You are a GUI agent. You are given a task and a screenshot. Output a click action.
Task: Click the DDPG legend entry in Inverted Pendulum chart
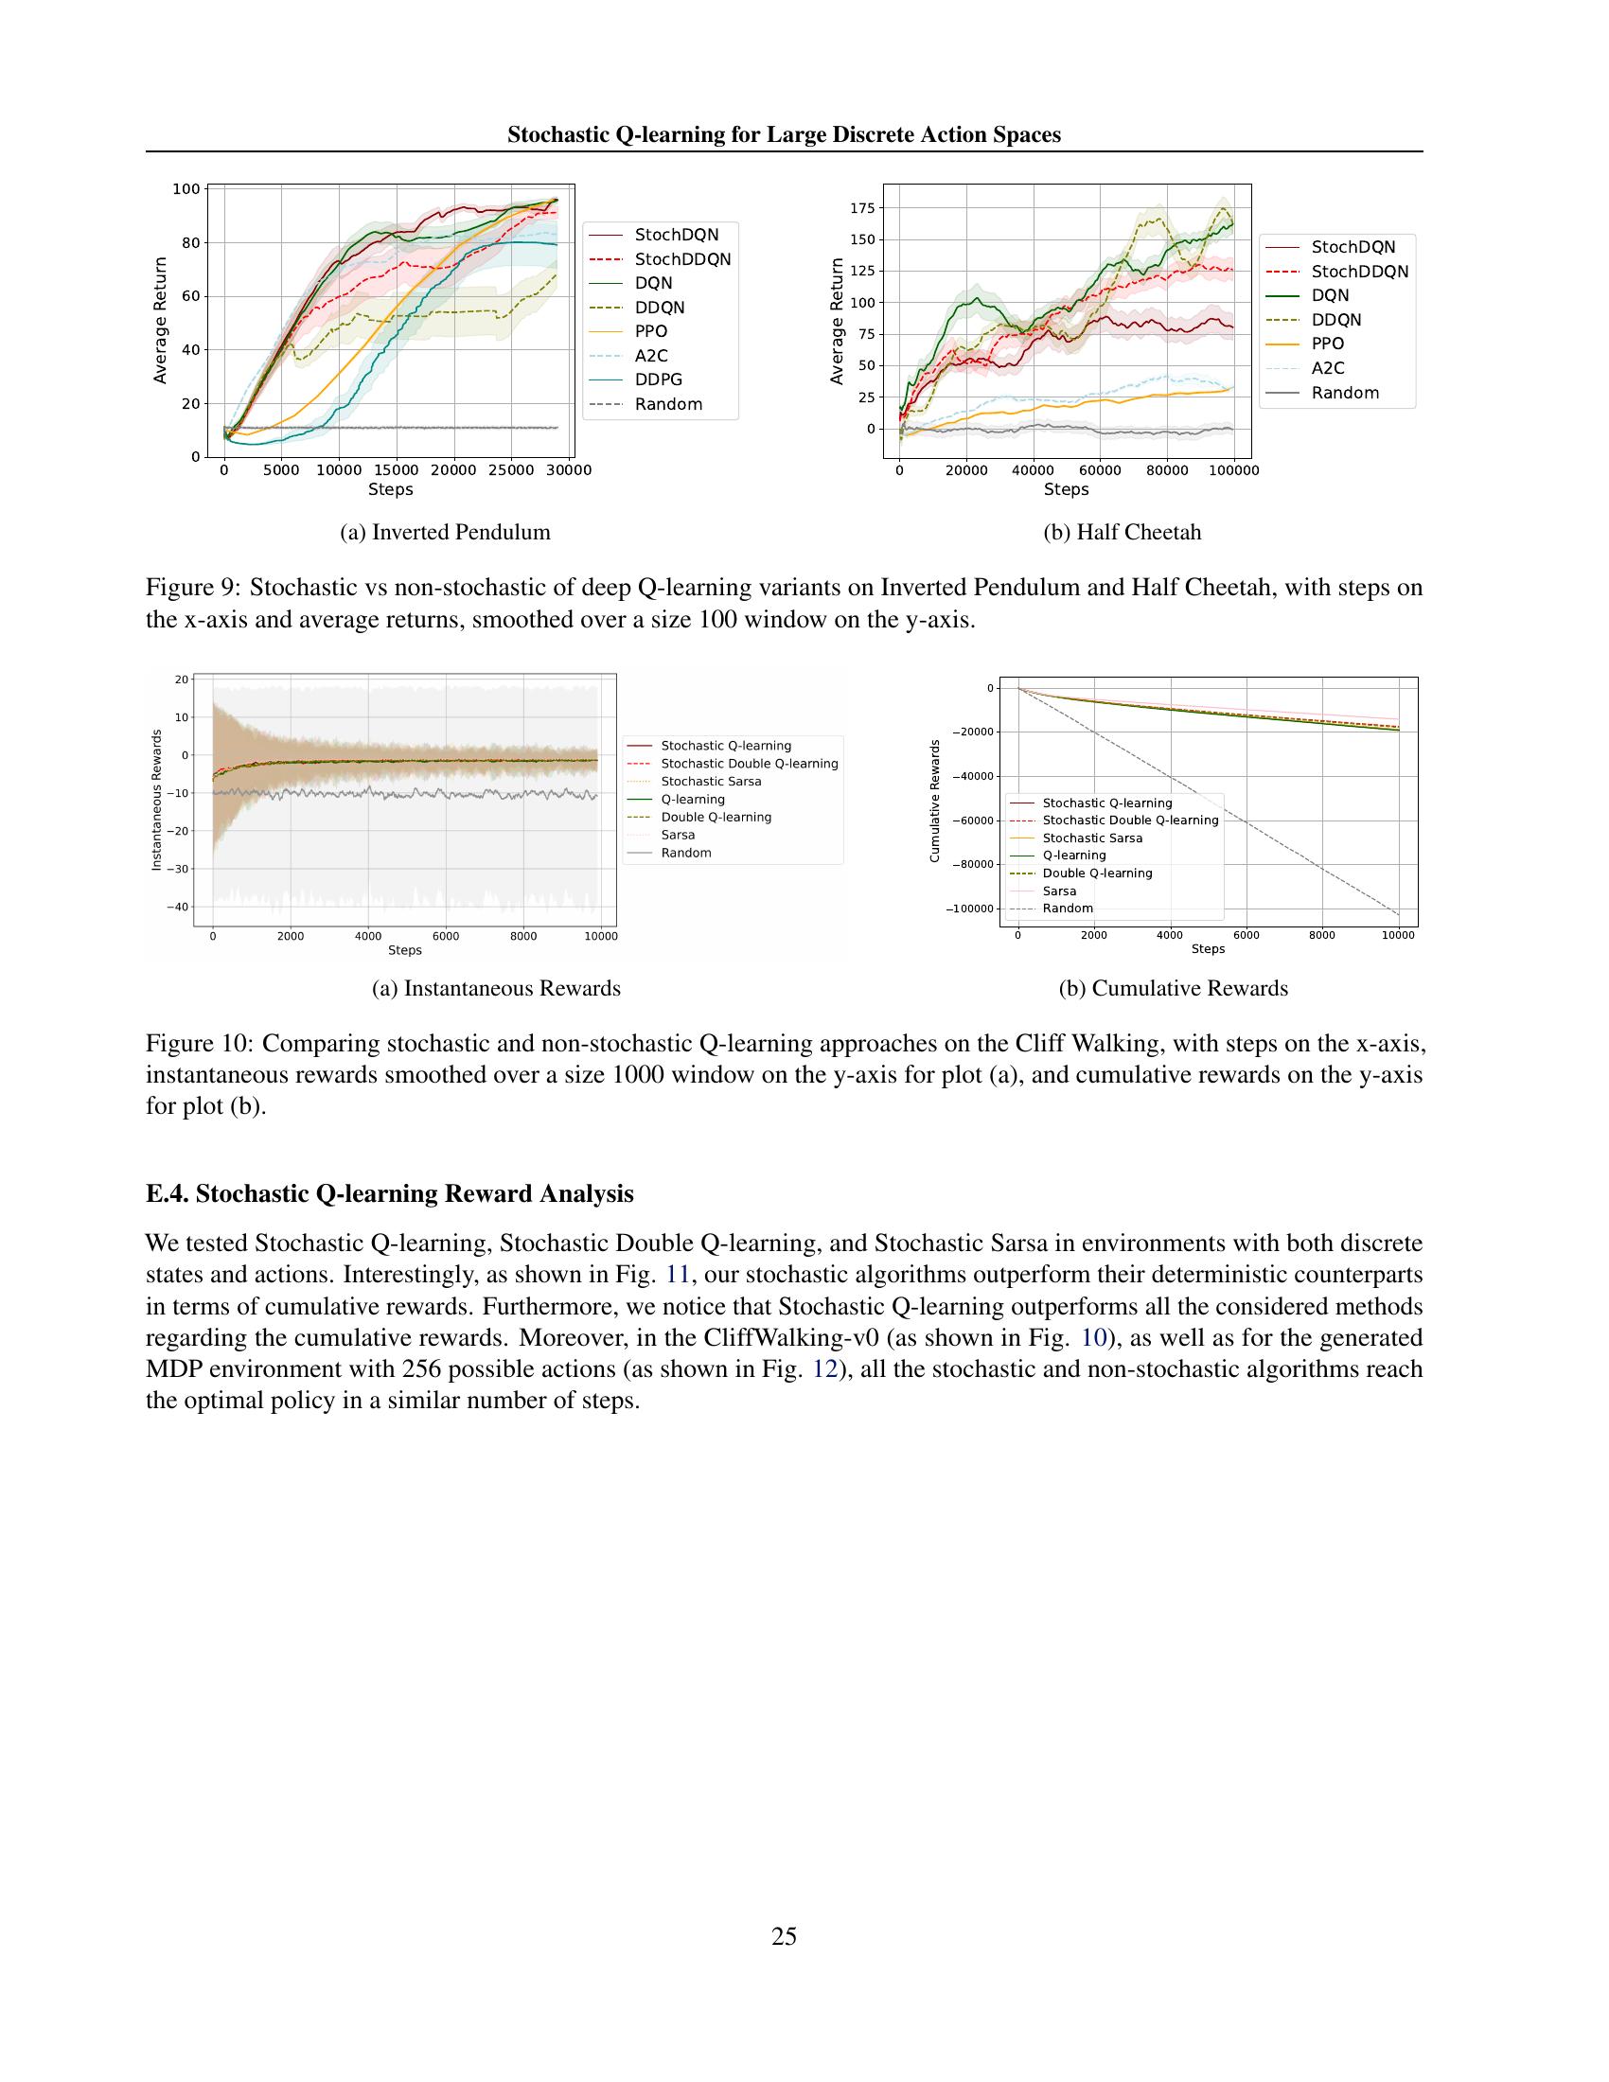[x=658, y=379]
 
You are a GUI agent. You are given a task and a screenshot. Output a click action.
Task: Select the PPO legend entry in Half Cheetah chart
[x=1327, y=344]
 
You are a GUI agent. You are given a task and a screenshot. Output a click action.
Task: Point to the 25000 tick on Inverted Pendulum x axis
[x=511, y=470]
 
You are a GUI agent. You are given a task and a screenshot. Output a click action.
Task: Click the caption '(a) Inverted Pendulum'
[x=445, y=532]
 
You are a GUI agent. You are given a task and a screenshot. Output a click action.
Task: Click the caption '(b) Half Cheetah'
[x=1122, y=532]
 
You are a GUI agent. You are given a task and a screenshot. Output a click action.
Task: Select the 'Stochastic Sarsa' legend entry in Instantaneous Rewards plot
[x=711, y=782]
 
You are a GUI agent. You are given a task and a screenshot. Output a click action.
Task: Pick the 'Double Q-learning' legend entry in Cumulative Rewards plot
[x=1096, y=873]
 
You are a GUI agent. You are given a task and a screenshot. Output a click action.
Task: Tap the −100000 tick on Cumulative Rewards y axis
[x=968, y=909]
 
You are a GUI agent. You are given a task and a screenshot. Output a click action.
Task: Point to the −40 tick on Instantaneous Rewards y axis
[x=177, y=907]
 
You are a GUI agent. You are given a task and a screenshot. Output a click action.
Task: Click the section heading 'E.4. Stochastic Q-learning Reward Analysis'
[x=389, y=1193]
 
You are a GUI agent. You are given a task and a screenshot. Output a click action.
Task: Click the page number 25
[x=784, y=1936]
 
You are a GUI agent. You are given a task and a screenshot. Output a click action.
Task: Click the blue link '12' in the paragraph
[x=824, y=1369]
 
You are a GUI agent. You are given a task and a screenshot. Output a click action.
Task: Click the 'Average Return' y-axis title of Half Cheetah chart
[x=837, y=321]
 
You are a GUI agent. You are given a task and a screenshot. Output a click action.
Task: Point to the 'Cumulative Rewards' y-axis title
[x=934, y=802]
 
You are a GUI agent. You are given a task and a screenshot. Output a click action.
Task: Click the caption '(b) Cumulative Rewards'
[x=1173, y=989]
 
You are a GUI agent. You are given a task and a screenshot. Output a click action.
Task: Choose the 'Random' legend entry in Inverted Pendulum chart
[x=667, y=404]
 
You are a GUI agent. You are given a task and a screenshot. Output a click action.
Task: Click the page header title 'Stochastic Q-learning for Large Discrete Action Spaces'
[x=784, y=134]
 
